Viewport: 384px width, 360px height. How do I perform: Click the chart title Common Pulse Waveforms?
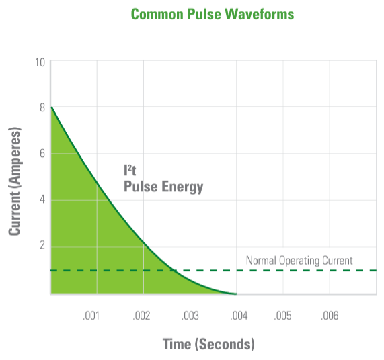(x=213, y=14)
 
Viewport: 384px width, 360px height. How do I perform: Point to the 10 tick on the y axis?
(x=40, y=62)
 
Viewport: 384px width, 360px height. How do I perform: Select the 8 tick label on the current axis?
(x=42, y=107)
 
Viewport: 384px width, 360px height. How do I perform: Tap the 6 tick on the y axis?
(x=42, y=153)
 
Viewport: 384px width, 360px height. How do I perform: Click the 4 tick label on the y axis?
(x=42, y=199)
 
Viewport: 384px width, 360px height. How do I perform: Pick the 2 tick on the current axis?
(x=42, y=244)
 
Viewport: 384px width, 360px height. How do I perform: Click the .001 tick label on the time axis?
(x=91, y=316)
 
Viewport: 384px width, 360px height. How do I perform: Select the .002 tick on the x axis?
(x=141, y=316)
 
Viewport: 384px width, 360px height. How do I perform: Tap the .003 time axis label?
(x=190, y=316)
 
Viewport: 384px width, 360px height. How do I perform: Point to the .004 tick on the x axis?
(x=239, y=316)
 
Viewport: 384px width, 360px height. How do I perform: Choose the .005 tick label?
(x=283, y=316)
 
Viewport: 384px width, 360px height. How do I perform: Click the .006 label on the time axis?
(x=330, y=316)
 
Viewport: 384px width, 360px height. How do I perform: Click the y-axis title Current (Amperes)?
(x=14, y=181)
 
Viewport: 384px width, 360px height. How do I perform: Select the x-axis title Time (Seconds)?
(x=208, y=344)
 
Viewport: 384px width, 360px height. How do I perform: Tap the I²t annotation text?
(x=130, y=170)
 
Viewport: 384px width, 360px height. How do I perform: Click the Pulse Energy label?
(x=163, y=187)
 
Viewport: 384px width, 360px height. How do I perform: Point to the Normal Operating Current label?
(x=299, y=261)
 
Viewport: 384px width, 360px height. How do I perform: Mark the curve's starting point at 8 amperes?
(x=51, y=107)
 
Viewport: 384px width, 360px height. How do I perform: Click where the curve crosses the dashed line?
(x=173, y=270)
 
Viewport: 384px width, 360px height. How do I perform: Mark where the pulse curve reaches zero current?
(x=236, y=294)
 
